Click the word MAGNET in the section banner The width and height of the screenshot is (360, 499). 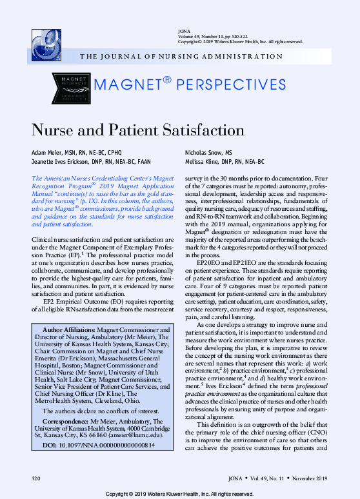point(125,85)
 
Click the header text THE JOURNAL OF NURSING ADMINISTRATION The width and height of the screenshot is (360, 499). point(181,57)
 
